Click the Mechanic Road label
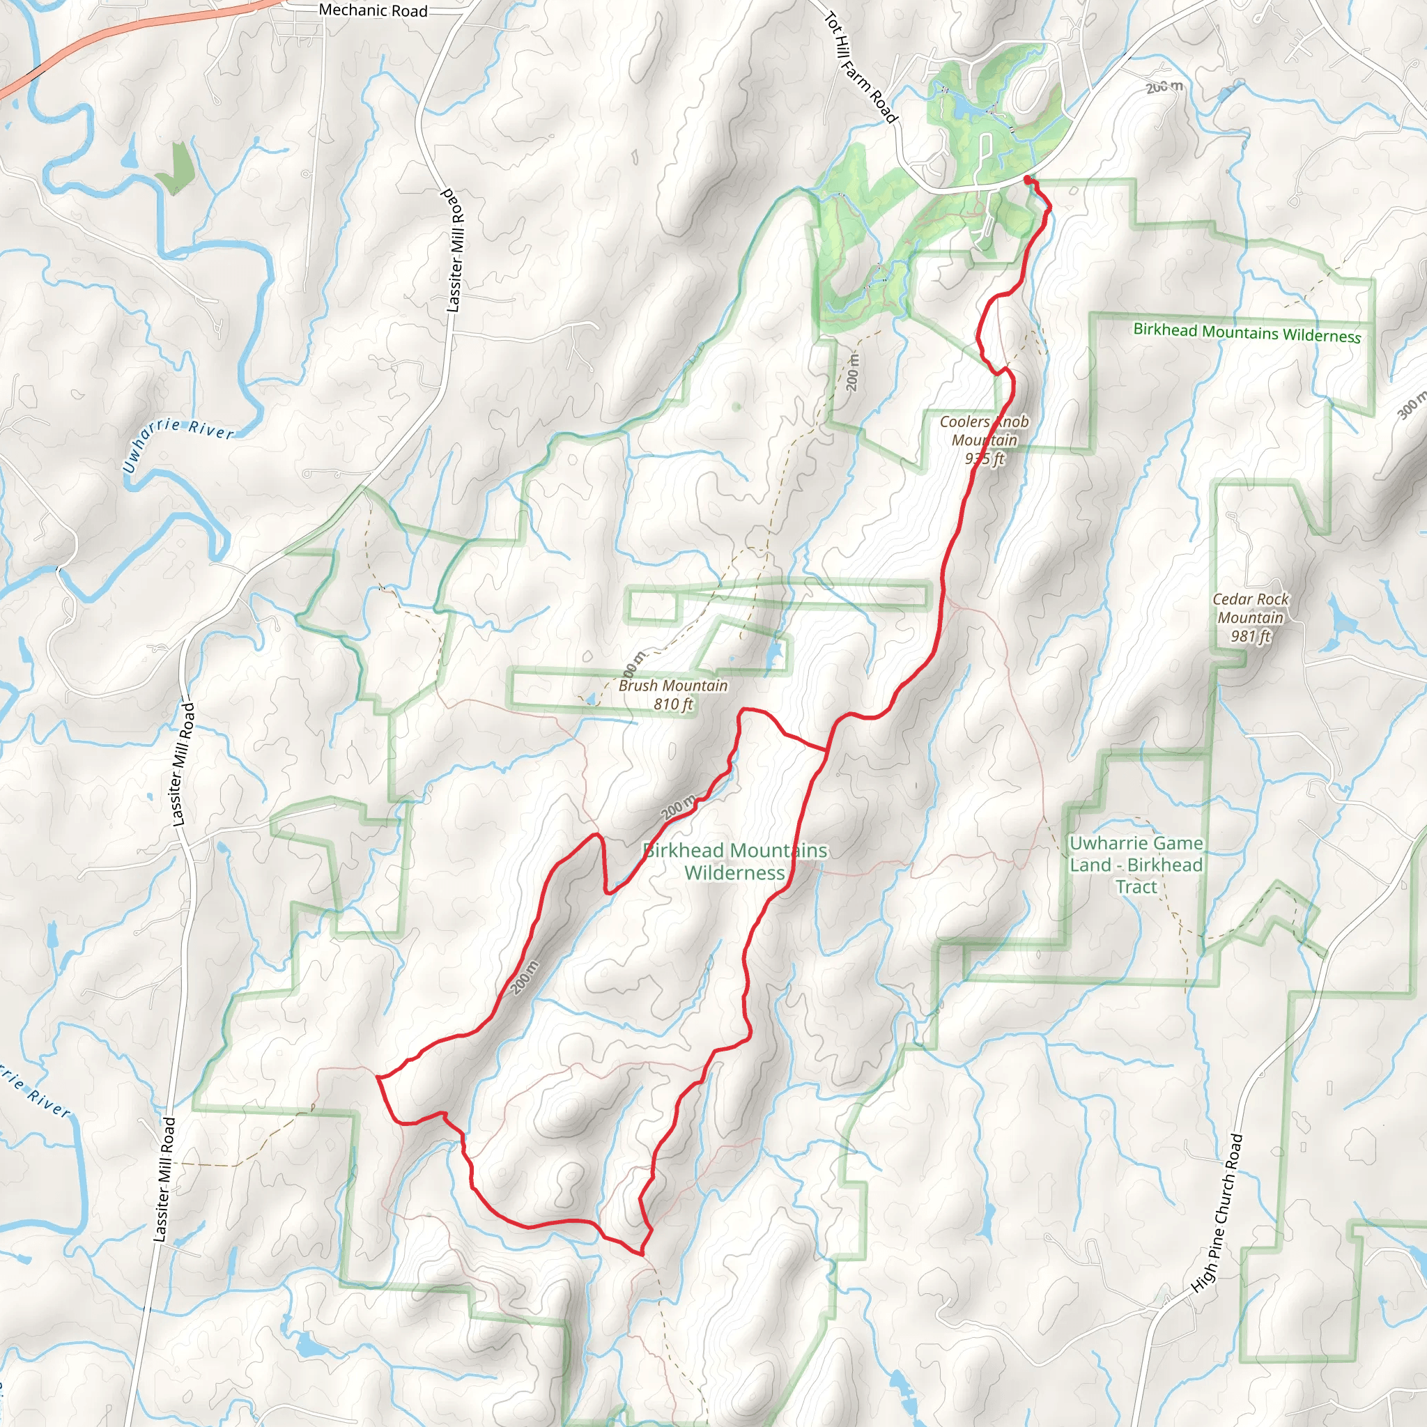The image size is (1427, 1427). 373,10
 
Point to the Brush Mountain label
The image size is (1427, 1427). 673,686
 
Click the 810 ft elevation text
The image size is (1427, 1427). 673,704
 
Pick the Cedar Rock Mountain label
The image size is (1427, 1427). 1251,608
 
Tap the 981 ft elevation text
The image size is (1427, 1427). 1251,636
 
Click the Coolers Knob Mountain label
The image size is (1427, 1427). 984,431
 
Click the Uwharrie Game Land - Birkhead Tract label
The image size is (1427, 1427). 1136,864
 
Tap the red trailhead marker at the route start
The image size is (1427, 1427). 1028,179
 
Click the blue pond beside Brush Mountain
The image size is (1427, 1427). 773,654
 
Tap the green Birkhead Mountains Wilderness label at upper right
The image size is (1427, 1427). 1247,333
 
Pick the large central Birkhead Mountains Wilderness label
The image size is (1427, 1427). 735,861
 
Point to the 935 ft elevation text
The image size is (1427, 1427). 985,458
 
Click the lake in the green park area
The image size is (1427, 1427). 964,109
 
